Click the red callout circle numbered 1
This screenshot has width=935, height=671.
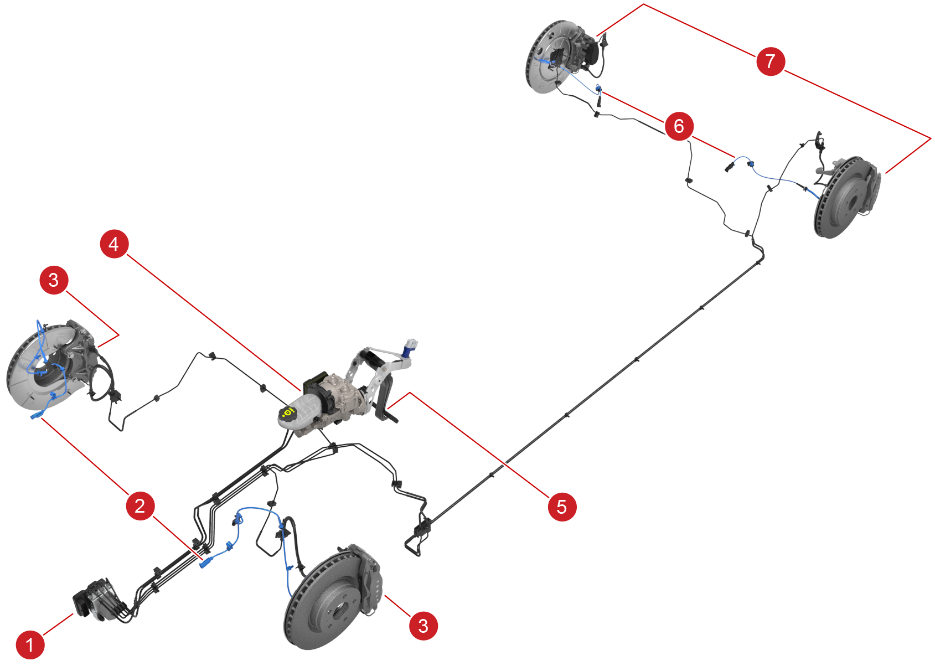29,644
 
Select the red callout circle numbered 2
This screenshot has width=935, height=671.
140,505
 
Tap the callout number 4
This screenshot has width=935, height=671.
114,244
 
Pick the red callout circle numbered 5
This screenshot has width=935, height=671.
562,506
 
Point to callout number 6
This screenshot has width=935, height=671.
679,126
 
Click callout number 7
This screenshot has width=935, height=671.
770,61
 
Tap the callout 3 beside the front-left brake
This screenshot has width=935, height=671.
54,280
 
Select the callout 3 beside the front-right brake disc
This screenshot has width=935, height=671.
423,626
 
